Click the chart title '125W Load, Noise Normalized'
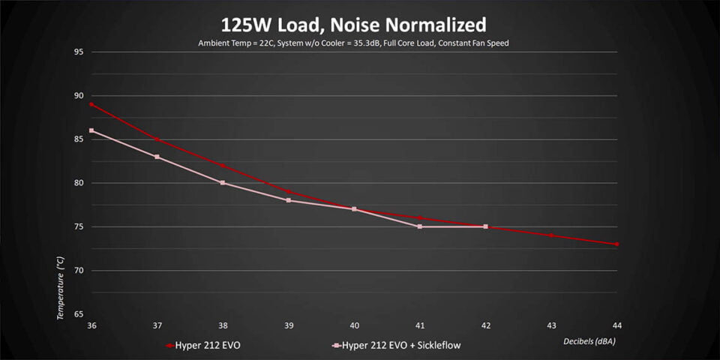359,25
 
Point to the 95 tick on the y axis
79,52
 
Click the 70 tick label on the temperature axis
79,270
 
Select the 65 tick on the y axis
79,313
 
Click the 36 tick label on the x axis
91,325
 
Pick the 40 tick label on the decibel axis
354,325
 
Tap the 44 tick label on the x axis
617,325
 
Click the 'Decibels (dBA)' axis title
590,341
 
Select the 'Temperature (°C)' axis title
61,287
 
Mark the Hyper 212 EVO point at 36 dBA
91,104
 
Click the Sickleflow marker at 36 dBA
91,130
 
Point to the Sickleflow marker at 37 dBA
157,157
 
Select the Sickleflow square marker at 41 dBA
420,226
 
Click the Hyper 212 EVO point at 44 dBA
617,244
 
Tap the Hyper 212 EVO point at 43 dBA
551,235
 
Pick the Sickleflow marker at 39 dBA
289,200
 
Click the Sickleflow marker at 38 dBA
223,183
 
